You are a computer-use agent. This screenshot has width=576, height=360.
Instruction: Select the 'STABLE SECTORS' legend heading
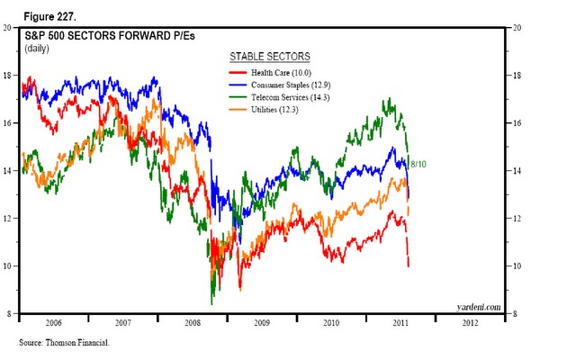pos(268,56)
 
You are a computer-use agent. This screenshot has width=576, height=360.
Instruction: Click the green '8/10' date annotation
pos(418,165)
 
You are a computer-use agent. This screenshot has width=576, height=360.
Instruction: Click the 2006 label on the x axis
pos(54,321)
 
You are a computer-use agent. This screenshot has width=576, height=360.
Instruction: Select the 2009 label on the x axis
pos(261,321)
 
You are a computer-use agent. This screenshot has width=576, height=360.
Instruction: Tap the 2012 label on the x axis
pos(471,321)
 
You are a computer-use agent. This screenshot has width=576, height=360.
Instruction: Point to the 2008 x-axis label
pos(192,321)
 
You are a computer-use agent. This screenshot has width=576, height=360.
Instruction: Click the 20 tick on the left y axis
pos(7,28)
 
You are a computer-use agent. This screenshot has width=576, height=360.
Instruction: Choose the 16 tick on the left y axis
pos(7,123)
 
